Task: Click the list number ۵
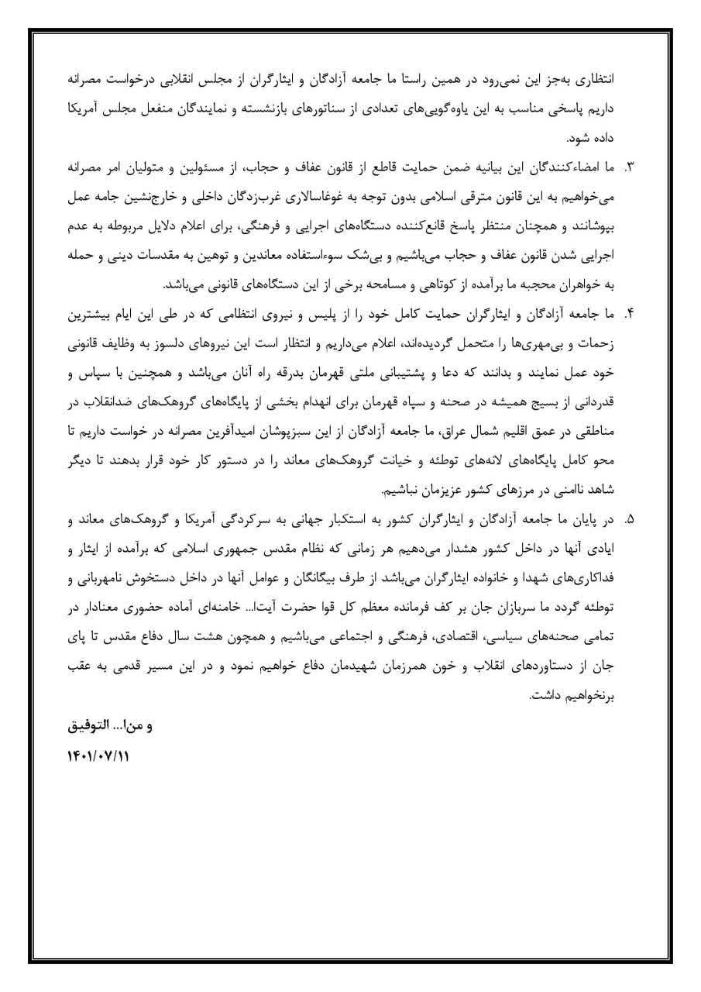(x=629, y=518)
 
